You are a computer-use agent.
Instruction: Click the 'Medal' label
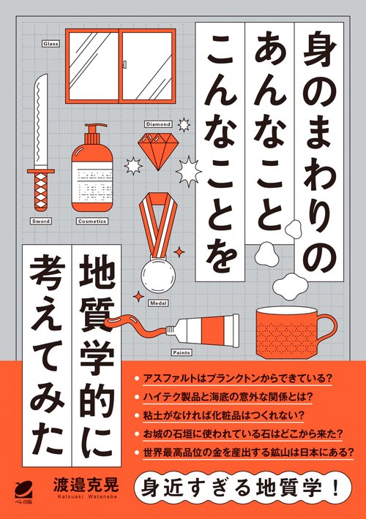158,300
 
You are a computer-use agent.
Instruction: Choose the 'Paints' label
181,352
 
